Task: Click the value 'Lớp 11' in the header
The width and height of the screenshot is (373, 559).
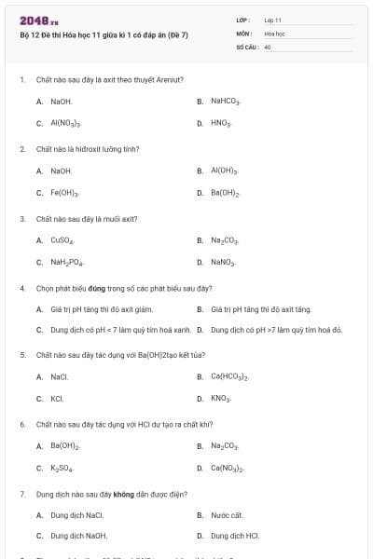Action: pyautogui.click(x=272, y=20)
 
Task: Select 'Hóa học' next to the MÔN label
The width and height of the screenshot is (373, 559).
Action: pyautogui.click(x=274, y=33)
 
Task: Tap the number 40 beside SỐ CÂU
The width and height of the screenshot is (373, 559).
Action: pyautogui.click(x=268, y=46)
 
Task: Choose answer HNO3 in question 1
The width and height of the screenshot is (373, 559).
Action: pyautogui.click(x=220, y=123)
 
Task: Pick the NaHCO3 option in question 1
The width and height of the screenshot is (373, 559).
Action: pyautogui.click(x=225, y=101)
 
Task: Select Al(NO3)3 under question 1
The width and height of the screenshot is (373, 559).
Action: pyautogui.click(x=65, y=123)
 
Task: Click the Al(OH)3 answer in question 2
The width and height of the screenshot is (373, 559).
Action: pyautogui.click(x=225, y=171)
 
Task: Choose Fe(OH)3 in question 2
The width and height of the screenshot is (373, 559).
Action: pyautogui.click(x=64, y=194)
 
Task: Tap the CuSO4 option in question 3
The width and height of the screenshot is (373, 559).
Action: pyautogui.click(x=62, y=240)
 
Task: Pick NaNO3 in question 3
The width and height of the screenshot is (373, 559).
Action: pyautogui.click(x=223, y=263)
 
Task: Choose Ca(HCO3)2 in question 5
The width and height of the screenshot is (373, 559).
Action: pyautogui.click(x=229, y=377)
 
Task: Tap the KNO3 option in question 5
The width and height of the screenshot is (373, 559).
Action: pyautogui.click(x=220, y=399)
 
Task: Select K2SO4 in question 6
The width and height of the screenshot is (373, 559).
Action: pyautogui.click(x=62, y=469)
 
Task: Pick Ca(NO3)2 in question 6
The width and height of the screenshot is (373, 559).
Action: pyautogui.click(x=228, y=469)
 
